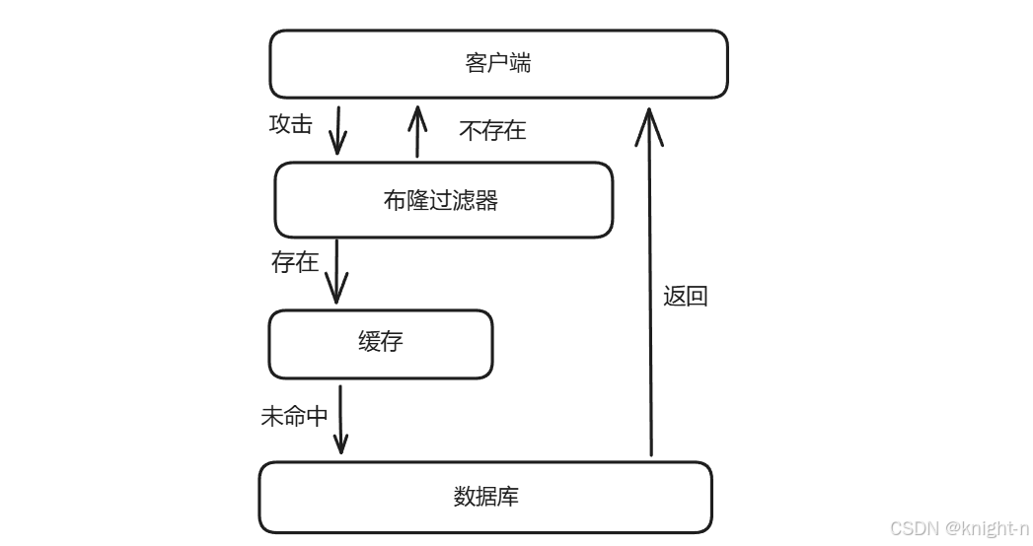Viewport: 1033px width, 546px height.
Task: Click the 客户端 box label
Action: pyautogui.click(x=498, y=63)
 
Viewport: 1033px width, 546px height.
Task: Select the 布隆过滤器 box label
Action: pyautogui.click(x=441, y=200)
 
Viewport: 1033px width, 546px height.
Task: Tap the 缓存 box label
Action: pyautogui.click(x=381, y=341)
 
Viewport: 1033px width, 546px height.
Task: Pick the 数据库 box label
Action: pyautogui.click(x=486, y=496)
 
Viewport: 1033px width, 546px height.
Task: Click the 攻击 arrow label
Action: pyautogui.click(x=290, y=123)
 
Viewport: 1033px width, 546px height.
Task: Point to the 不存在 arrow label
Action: pyautogui.click(x=492, y=131)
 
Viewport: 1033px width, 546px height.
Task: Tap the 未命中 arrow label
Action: pyautogui.click(x=294, y=416)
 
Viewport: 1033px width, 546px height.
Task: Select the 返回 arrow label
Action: pyautogui.click(x=685, y=296)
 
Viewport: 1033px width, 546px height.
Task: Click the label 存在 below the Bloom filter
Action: pyautogui.click(x=294, y=262)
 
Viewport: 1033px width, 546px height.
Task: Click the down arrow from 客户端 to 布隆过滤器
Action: pyautogui.click(x=338, y=130)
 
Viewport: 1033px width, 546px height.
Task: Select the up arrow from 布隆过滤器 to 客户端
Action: pyautogui.click(x=417, y=131)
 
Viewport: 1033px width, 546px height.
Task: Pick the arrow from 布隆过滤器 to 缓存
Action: pyautogui.click(x=336, y=271)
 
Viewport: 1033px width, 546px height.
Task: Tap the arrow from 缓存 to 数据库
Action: pyautogui.click(x=340, y=419)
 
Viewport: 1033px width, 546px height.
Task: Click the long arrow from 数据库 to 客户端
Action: pyautogui.click(x=650, y=282)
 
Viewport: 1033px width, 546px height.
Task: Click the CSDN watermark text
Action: pyautogui.click(x=959, y=528)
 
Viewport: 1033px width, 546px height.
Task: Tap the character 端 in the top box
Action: pyautogui.click(x=521, y=63)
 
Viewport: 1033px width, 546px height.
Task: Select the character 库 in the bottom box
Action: pyautogui.click(x=508, y=496)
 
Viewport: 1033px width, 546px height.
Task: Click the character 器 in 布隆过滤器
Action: pyautogui.click(x=487, y=200)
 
